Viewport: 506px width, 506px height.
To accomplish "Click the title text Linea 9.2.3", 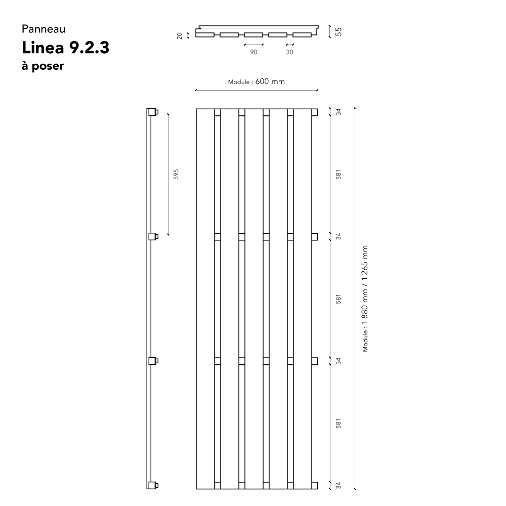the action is click(x=65, y=48).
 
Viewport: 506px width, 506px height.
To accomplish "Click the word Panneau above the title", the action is click(x=44, y=29).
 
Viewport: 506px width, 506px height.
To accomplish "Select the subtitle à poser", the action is click(x=43, y=66).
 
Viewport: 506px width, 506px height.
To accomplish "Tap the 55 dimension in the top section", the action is click(x=338, y=31).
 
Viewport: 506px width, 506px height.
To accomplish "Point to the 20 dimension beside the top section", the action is click(x=180, y=36).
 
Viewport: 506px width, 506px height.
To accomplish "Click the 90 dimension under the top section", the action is click(x=254, y=52).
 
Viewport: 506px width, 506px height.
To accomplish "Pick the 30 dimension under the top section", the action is click(x=290, y=52).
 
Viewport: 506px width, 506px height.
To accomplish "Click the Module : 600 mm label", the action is click(x=257, y=81).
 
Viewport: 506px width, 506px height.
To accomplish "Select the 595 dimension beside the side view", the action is click(x=176, y=174).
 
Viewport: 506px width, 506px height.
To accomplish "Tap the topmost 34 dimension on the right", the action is click(x=338, y=112).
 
